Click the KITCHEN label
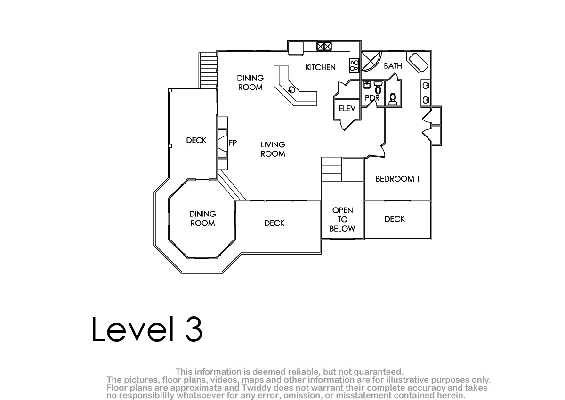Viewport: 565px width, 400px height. pos(320,67)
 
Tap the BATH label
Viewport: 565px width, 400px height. pos(393,66)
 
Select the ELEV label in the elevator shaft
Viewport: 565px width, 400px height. pos(347,108)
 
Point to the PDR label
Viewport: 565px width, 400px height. pos(372,97)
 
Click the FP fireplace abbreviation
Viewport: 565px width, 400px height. pos(233,143)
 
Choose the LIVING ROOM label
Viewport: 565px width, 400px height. pos(273,149)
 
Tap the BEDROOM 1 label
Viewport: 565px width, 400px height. pos(397,179)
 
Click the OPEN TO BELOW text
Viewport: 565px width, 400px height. pos(342,219)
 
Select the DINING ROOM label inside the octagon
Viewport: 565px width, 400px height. pos(202,218)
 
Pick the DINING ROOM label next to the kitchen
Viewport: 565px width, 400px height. pos(250,82)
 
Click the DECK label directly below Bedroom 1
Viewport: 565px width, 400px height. pos(395,219)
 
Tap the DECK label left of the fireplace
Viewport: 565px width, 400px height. pos(196,140)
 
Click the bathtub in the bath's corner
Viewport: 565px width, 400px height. pos(419,62)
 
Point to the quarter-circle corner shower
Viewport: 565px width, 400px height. pos(370,61)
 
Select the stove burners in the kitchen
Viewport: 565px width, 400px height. pos(355,65)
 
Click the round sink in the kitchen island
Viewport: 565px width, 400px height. pos(292,90)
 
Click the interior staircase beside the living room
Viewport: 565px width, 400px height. pos(331,169)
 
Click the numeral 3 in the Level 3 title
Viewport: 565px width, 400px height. pos(194,329)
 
